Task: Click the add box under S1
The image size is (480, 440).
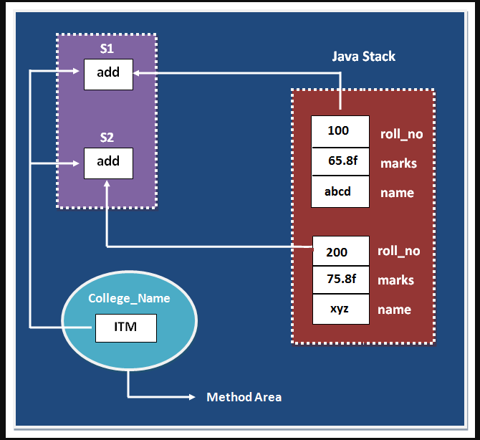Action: (108, 75)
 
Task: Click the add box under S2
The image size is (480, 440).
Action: (108, 163)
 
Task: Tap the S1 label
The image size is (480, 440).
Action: (107, 49)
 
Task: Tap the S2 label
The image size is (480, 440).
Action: (107, 138)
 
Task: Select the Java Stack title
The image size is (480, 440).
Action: (364, 57)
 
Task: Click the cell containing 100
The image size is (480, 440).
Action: (340, 131)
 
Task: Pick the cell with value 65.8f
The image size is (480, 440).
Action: (340, 161)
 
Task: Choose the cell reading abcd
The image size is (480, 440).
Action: (340, 191)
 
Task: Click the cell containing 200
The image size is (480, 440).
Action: (341, 251)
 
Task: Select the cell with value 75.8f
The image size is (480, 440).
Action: (341, 279)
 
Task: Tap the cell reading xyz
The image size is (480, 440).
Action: (341, 309)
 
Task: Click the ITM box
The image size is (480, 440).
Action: (126, 328)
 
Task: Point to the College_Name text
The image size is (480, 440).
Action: (129, 299)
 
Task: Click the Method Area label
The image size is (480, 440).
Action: (244, 397)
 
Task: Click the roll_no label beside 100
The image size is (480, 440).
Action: (402, 134)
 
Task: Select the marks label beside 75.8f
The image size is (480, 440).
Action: (395, 280)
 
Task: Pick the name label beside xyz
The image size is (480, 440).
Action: (394, 310)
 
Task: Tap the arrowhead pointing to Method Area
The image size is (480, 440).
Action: (192, 397)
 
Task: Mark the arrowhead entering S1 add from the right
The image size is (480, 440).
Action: (137, 73)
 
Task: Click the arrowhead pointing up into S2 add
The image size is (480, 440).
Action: (107, 183)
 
